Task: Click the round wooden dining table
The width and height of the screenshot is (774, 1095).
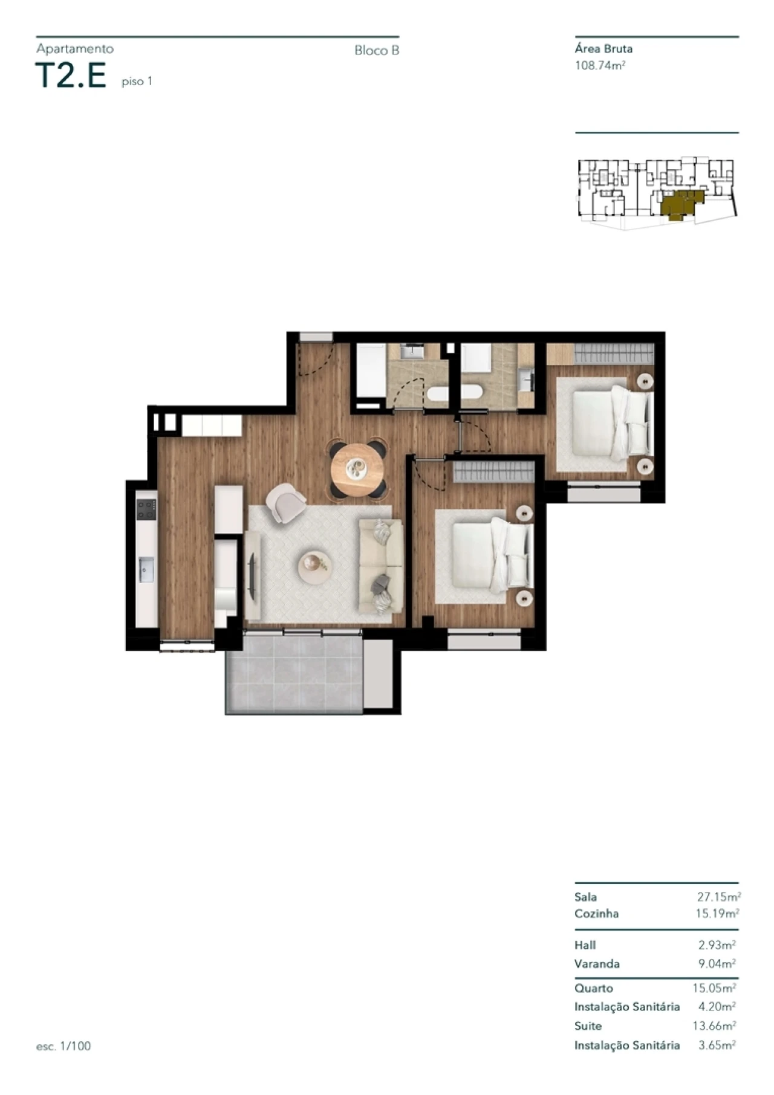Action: (357, 470)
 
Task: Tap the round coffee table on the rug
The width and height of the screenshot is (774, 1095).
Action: (315, 567)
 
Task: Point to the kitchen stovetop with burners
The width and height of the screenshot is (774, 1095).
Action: (146, 509)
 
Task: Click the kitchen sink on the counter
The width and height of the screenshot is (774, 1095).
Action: (146, 569)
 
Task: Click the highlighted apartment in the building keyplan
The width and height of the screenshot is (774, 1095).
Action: (680, 204)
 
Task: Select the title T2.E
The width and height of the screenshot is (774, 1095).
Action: (71, 76)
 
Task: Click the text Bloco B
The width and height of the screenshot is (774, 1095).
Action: (377, 51)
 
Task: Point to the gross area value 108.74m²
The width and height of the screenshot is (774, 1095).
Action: (600, 66)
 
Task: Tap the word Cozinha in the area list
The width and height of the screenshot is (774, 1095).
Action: (596, 914)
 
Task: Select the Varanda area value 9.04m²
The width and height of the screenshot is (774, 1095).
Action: (717, 964)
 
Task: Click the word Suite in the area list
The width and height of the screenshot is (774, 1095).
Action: (588, 1026)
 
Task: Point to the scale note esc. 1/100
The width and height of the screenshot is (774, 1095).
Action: (63, 1046)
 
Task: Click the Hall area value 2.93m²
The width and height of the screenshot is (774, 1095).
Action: (717, 945)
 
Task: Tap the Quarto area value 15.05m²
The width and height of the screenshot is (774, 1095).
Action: (714, 989)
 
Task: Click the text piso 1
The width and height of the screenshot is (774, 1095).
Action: (137, 82)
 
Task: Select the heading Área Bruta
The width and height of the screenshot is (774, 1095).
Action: (603, 50)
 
